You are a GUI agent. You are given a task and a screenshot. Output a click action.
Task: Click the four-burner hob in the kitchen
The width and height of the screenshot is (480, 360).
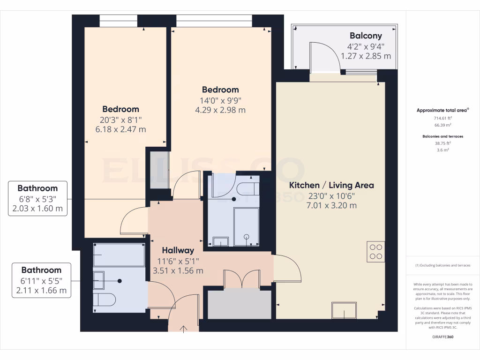tap(375, 252)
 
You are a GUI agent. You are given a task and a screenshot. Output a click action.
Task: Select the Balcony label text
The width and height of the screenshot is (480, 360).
tap(366, 36)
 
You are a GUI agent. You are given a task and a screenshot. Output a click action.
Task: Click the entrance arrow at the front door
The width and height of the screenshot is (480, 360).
tap(183, 328)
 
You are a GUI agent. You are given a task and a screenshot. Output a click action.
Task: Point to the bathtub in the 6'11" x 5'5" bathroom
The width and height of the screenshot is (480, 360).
tap(119, 255)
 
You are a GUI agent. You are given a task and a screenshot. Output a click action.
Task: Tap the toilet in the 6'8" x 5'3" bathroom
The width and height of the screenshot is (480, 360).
tap(247, 188)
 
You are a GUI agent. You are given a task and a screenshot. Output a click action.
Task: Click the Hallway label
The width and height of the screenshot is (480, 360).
tap(178, 250)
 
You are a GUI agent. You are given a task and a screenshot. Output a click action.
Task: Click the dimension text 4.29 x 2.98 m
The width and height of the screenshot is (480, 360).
tap(220, 110)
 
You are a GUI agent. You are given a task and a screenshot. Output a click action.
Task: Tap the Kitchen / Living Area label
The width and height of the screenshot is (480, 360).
tap(331, 185)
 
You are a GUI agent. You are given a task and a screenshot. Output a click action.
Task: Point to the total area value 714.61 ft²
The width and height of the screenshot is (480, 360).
tap(442, 119)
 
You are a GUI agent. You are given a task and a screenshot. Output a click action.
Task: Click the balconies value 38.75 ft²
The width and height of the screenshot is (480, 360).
tap(442, 143)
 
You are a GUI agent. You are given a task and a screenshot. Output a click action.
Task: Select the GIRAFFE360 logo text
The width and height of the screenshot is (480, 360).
tap(442, 337)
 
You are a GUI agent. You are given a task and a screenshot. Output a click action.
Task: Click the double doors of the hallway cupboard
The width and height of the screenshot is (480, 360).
tap(242, 279)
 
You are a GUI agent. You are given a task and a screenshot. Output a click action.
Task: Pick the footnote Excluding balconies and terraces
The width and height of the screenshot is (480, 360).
tap(442, 265)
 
